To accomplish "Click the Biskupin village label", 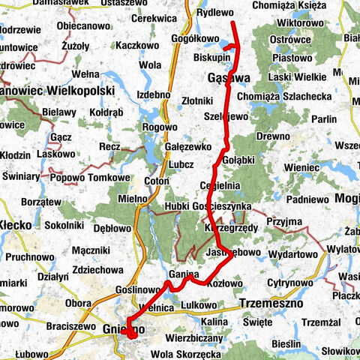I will [211, 55].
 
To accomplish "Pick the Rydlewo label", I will [214, 13].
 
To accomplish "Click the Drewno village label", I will [272, 136].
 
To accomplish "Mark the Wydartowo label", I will [292, 255].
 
